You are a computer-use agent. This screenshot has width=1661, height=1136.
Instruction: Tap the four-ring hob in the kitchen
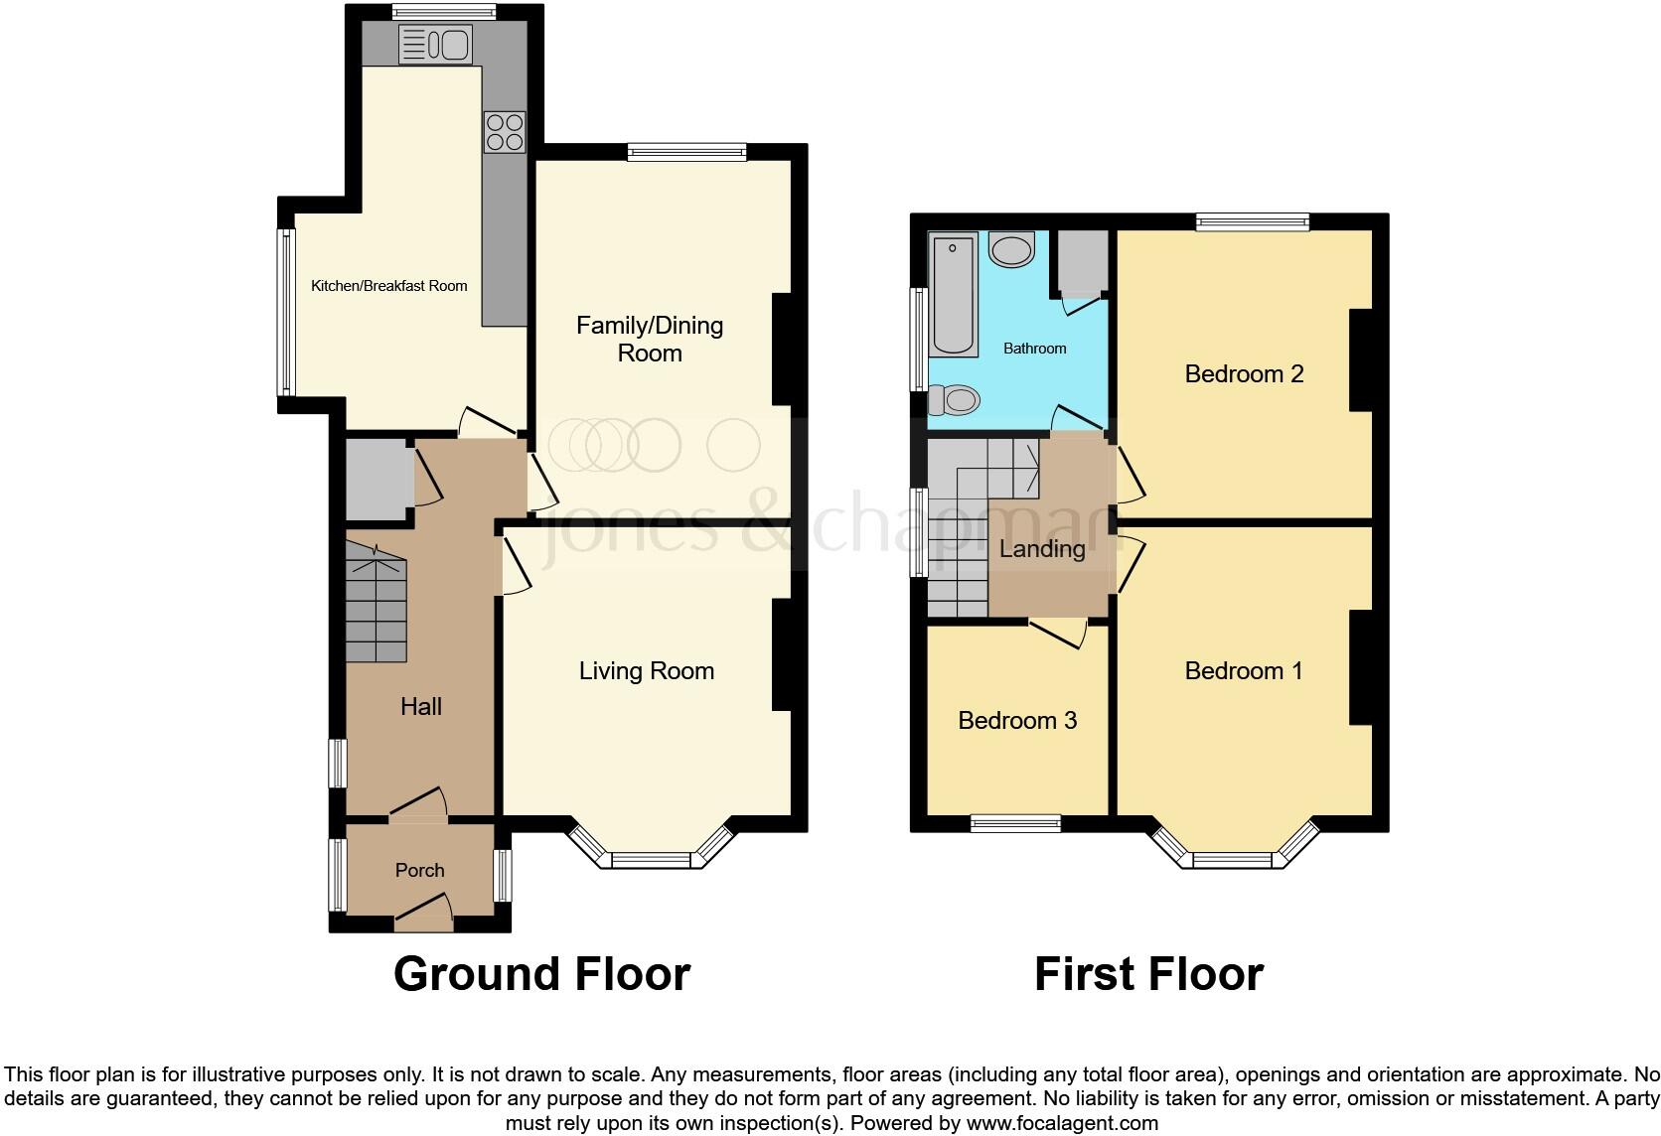(x=505, y=132)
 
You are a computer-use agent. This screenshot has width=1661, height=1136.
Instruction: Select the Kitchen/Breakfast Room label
(x=389, y=286)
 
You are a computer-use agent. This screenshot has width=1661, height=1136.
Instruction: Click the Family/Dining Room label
(x=650, y=339)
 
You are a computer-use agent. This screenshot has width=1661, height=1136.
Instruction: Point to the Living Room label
(x=647, y=671)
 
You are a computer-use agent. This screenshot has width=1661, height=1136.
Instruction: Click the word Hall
(x=421, y=707)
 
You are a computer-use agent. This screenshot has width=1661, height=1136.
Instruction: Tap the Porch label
(x=419, y=871)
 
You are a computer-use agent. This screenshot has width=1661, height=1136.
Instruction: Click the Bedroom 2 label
(x=1244, y=374)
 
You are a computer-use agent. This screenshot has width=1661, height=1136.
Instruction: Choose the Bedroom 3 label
(x=1017, y=721)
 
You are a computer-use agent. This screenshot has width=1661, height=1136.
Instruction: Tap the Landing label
(x=1042, y=549)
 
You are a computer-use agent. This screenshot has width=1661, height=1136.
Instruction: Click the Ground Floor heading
(x=541, y=974)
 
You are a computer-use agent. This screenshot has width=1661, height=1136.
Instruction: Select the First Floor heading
(x=1148, y=974)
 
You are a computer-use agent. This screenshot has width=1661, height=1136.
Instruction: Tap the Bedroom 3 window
(x=1015, y=822)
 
